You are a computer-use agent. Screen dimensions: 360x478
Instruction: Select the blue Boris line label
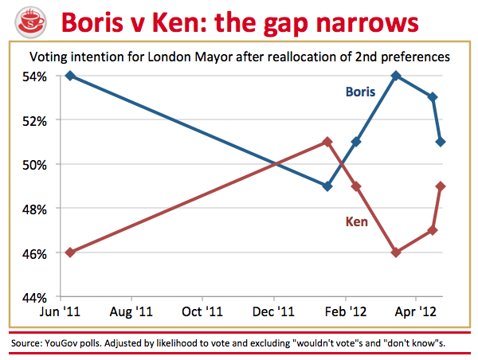(x=360, y=92)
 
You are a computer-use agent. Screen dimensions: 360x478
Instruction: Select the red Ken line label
(x=355, y=221)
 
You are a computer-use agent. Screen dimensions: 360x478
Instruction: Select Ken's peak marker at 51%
(x=327, y=142)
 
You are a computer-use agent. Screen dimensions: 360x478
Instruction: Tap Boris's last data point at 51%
(x=441, y=142)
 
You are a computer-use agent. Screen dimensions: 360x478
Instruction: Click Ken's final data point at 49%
(x=441, y=186)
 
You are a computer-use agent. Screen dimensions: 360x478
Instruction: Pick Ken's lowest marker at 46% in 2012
(x=396, y=252)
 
